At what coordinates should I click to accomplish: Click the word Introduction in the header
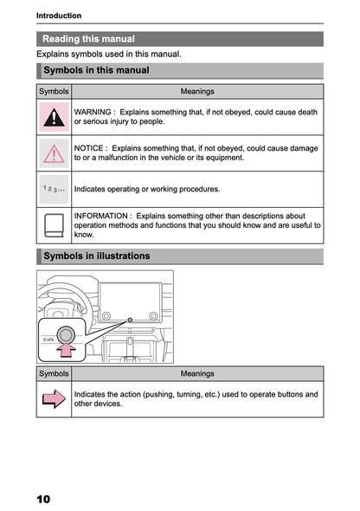pos(59,15)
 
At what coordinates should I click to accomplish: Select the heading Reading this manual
pos(88,39)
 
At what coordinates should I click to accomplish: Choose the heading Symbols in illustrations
pos(96,256)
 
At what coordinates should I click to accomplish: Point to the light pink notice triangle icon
pos(55,153)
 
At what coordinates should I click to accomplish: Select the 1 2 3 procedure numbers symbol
pos(54,188)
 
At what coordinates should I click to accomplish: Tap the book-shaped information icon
pos(55,225)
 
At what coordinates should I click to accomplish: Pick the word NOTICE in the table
pos(89,148)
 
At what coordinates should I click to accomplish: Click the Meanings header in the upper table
pos(197,91)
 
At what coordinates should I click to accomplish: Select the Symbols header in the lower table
pos(54,373)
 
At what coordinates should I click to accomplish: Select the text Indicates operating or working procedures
pos(147,188)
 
